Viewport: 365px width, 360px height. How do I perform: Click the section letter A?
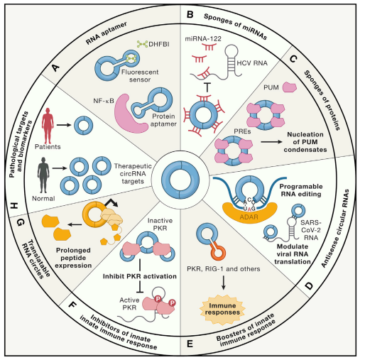tap(55, 67)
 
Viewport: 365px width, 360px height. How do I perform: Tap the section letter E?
tap(190, 344)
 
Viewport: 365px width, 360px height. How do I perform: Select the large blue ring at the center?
tap(180, 180)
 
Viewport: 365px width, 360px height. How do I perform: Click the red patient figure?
tap(48, 126)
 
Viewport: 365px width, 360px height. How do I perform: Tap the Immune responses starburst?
tap(222, 310)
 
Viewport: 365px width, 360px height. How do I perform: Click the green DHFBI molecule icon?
tap(142, 44)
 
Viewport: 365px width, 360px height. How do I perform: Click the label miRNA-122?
tap(203, 38)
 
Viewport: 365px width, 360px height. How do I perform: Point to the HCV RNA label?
tap(252, 63)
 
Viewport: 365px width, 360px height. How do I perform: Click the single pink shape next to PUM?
tap(290, 87)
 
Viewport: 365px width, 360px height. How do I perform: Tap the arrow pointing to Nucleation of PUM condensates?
tap(271, 142)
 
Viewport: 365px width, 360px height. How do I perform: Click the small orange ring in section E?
tap(217, 251)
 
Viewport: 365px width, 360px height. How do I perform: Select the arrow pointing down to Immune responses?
tap(223, 283)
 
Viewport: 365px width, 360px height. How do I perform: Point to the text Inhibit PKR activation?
tap(140, 276)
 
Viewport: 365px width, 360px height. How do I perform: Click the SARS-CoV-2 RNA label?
tap(311, 230)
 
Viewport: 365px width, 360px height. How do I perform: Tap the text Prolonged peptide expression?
tap(73, 258)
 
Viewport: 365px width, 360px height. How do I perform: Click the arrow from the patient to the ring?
tap(64, 125)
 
